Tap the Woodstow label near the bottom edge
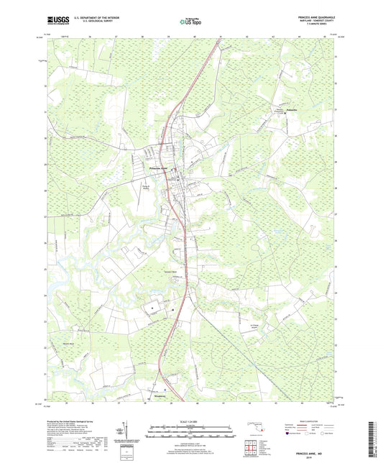162,395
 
